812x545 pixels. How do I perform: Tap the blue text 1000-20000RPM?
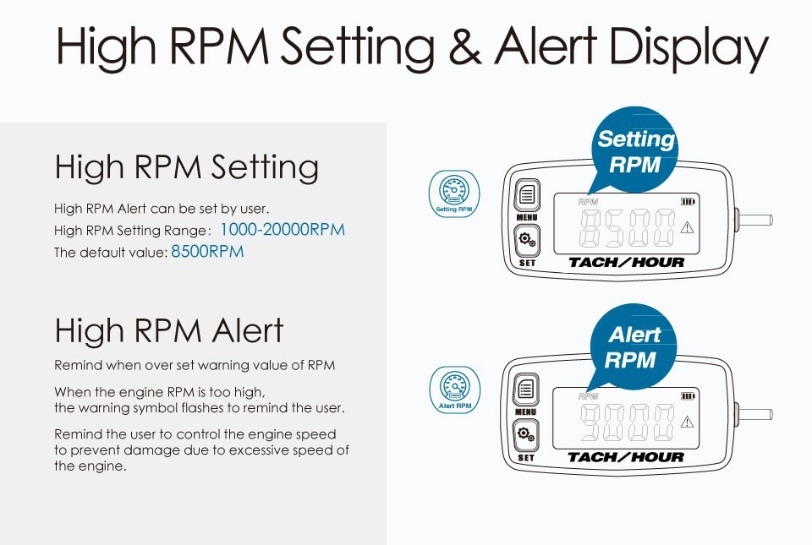point(283,230)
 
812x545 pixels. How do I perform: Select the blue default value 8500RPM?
point(207,251)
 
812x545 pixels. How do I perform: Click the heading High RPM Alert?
point(169,330)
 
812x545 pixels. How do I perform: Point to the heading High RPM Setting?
point(186,167)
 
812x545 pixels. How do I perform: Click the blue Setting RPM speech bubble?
point(635,150)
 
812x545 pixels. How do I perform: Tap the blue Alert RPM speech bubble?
point(633,346)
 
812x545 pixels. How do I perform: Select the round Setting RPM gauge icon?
point(454,193)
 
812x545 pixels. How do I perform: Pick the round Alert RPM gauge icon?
point(455,390)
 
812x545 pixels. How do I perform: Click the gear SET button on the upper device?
point(527,240)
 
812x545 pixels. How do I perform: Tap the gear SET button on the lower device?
point(525,435)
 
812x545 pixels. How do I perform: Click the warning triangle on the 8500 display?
point(687,227)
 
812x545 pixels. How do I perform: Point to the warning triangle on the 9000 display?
point(687,422)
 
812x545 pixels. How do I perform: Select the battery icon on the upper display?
point(688,202)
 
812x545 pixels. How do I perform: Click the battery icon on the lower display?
point(688,396)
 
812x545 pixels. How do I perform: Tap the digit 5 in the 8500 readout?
point(615,228)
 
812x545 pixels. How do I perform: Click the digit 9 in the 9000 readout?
point(590,422)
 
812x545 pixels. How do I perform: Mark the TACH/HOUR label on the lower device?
point(626,457)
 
